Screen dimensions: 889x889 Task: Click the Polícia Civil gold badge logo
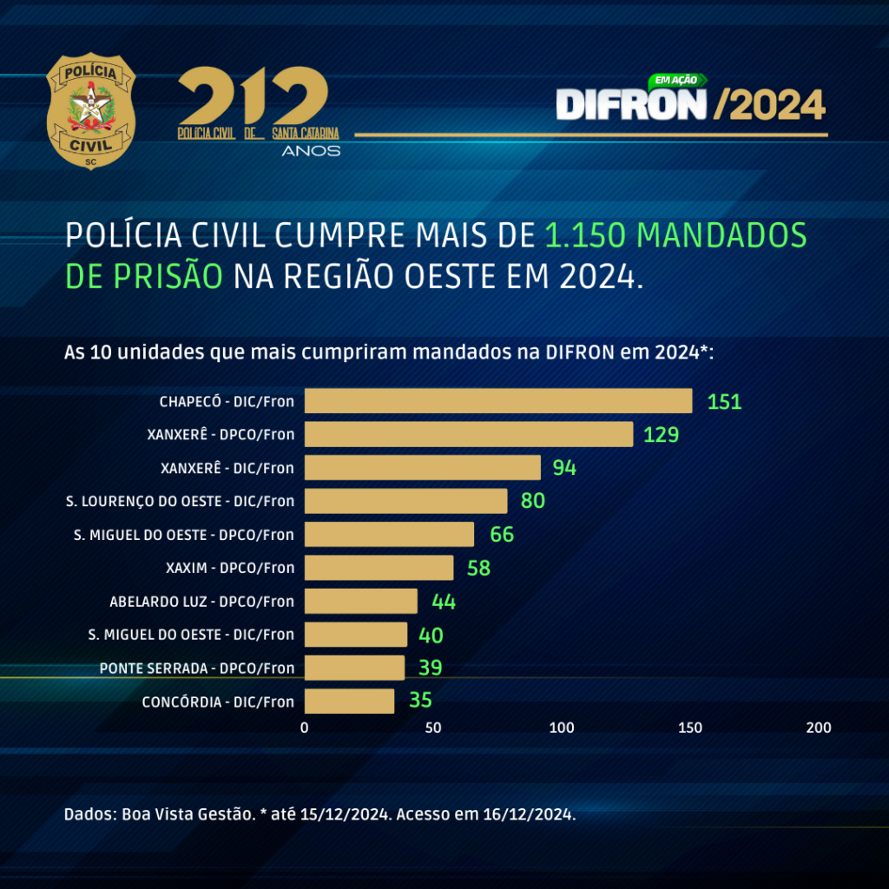(91, 111)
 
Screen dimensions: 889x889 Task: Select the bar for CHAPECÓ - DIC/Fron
(498, 401)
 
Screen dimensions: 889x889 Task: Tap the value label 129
(661, 435)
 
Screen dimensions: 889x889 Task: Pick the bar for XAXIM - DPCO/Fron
(379, 568)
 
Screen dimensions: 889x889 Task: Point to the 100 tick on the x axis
(562, 728)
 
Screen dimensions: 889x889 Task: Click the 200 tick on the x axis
(819, 728)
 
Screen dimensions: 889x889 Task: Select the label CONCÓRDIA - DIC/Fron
(218, 701)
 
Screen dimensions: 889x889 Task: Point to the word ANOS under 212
(311, 151)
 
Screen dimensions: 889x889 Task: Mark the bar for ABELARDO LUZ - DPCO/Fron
(360, 601)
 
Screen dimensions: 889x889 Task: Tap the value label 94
(564, 468)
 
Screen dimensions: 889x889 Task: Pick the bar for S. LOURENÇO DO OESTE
(405, 501)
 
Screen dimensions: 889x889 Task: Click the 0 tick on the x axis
(305, 728)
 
